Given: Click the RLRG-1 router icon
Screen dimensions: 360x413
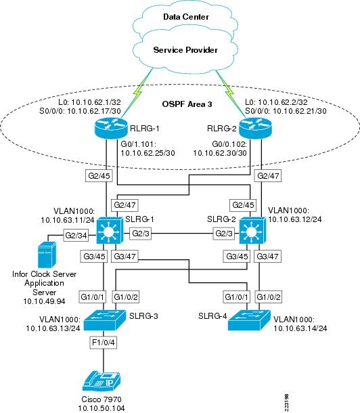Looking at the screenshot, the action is click(110, 128).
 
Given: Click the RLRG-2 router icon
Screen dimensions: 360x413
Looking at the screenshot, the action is click(255, 128).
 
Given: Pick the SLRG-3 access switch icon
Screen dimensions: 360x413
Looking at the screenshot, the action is click(105, 320).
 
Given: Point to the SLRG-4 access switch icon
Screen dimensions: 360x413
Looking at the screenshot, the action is click(249, 320).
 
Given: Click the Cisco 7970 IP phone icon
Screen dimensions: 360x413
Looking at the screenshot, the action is click(102, 381).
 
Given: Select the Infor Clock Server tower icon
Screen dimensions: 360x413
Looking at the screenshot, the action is click(47, 255).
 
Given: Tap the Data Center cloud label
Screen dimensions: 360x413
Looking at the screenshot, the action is click(186, 17).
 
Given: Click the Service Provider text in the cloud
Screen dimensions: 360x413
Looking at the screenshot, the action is click(185, 50).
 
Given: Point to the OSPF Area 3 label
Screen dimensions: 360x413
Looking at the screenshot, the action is click(187, 104).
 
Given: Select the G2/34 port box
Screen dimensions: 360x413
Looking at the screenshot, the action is click(76, 235).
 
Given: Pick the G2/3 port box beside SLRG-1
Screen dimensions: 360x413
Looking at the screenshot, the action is click(140, 234).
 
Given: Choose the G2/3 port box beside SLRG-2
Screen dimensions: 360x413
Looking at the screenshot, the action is click(224, 234).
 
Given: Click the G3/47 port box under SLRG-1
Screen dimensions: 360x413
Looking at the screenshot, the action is click(125, 257).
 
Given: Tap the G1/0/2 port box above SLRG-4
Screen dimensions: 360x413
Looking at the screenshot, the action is click(269, 297).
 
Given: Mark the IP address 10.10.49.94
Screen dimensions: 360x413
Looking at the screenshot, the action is click(44, 301).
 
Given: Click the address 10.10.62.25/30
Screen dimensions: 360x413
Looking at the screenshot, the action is click(148, 153).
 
